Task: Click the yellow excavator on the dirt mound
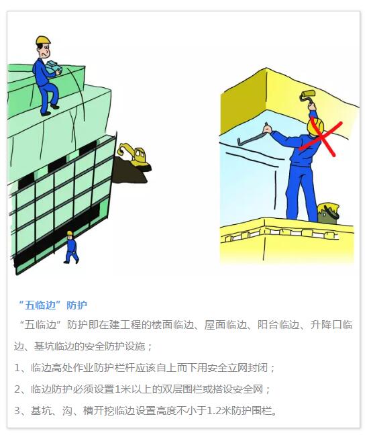click(x=135, y=156)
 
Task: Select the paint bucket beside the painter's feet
click(x=328, y=213)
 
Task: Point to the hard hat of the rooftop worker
click(x=43, y=40)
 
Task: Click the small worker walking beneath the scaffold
click(x=71, y=247)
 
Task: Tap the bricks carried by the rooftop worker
click(x=54, y=67)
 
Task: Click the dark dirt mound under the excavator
click(x=130, y=171)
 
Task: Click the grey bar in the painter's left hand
click(x=252, y=135)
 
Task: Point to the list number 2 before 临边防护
click(x=17, y=389)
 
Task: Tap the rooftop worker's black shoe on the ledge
click(x=54, y=107)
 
